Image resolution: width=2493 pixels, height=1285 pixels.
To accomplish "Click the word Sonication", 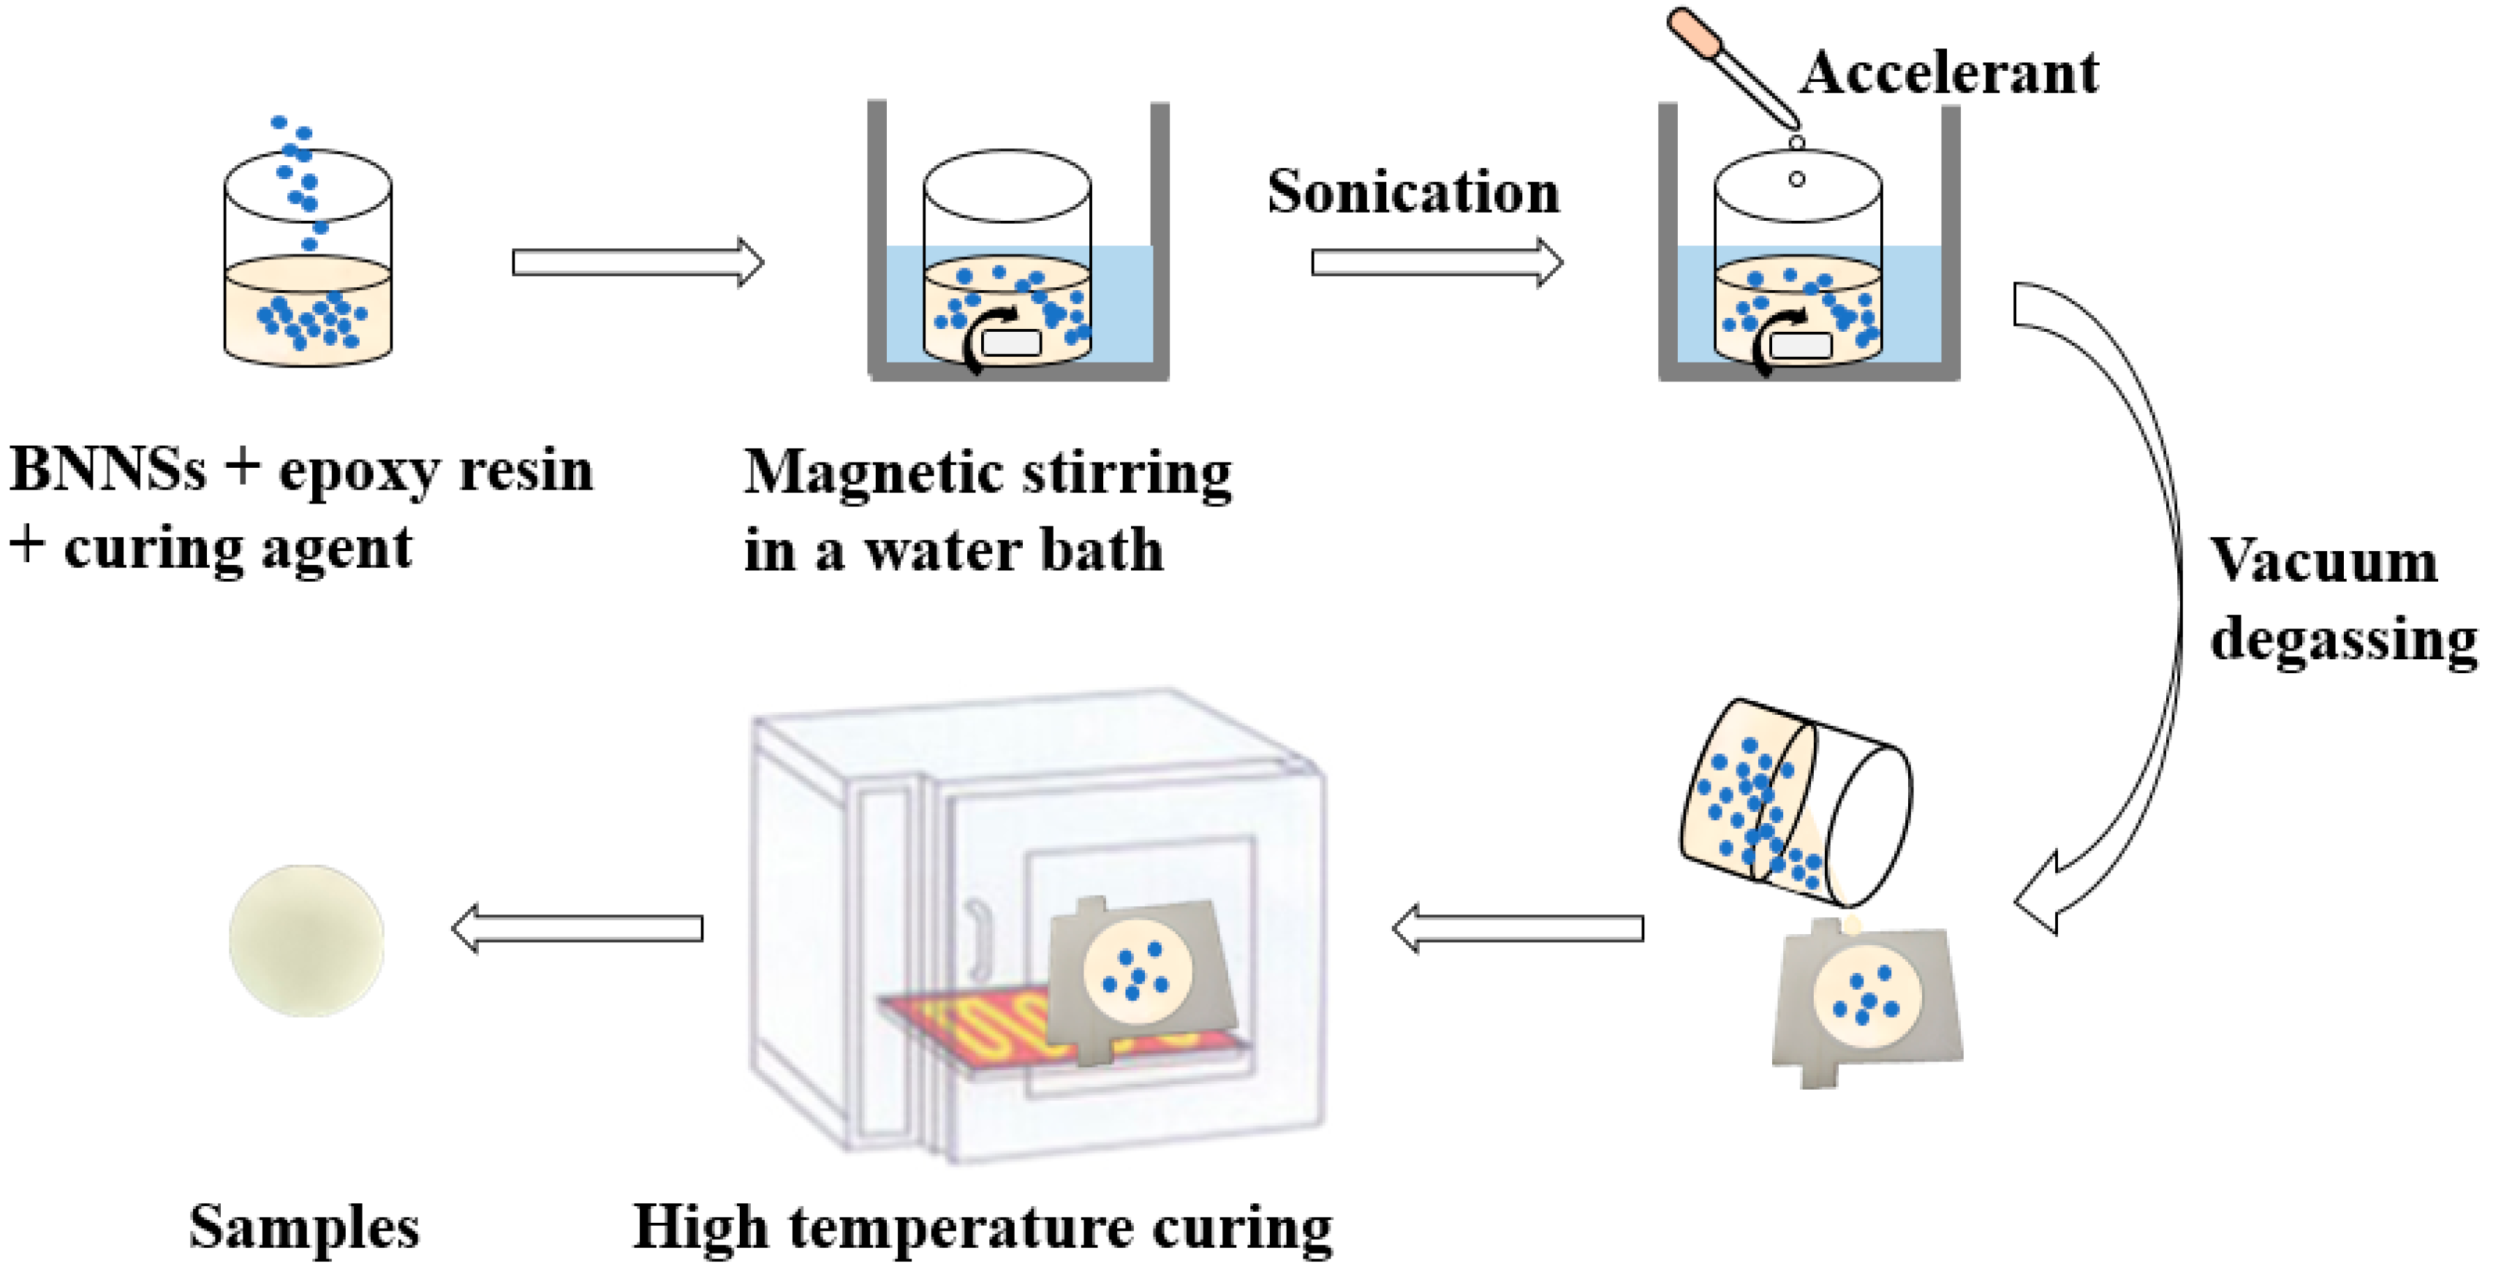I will pyautogui.click(x=1413, y=192).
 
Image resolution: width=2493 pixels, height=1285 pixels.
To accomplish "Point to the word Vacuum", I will pyautogui.click(x=2323, y=561).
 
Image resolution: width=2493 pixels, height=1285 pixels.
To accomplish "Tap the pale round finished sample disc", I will pyautogui.click(x=306, y=941).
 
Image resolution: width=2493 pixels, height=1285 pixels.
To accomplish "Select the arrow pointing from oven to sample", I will pyautogui.click(x=577, y=928).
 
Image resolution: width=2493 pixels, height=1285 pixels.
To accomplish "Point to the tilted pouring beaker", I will pyautogui.click(x=1790, y=803).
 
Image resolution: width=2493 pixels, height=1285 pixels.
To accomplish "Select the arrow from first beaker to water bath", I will pyautogui.click(x=637, y=262).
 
